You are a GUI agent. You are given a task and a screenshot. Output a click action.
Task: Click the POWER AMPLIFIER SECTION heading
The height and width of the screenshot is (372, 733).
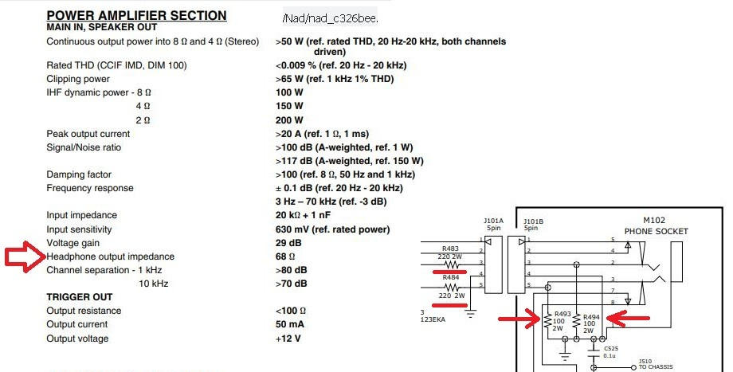pyautogui.click(x=136, y=15)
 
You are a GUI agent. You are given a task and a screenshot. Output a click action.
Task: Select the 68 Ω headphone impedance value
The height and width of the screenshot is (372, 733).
pyautogui.click(x=285, y=256)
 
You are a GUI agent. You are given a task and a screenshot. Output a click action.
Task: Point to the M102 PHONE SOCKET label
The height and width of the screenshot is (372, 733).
pyautogui.click(x=656, y=226)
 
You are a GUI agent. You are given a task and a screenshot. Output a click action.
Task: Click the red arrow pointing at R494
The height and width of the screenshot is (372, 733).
pyautogui.click(x=627, y=319)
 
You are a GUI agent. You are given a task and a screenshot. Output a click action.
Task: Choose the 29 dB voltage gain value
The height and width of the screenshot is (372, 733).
pyautogui.click(x=288, y=243)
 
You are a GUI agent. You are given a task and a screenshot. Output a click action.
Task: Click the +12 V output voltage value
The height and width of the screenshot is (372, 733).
pyautogui.click(x=289, y=339)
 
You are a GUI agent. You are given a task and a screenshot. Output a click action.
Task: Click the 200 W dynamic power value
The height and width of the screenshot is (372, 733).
pyautogui.click(x=289, y=120)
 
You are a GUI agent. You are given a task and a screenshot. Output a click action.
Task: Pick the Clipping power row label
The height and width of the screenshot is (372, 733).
pyautogui.click(x=78, y=79)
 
